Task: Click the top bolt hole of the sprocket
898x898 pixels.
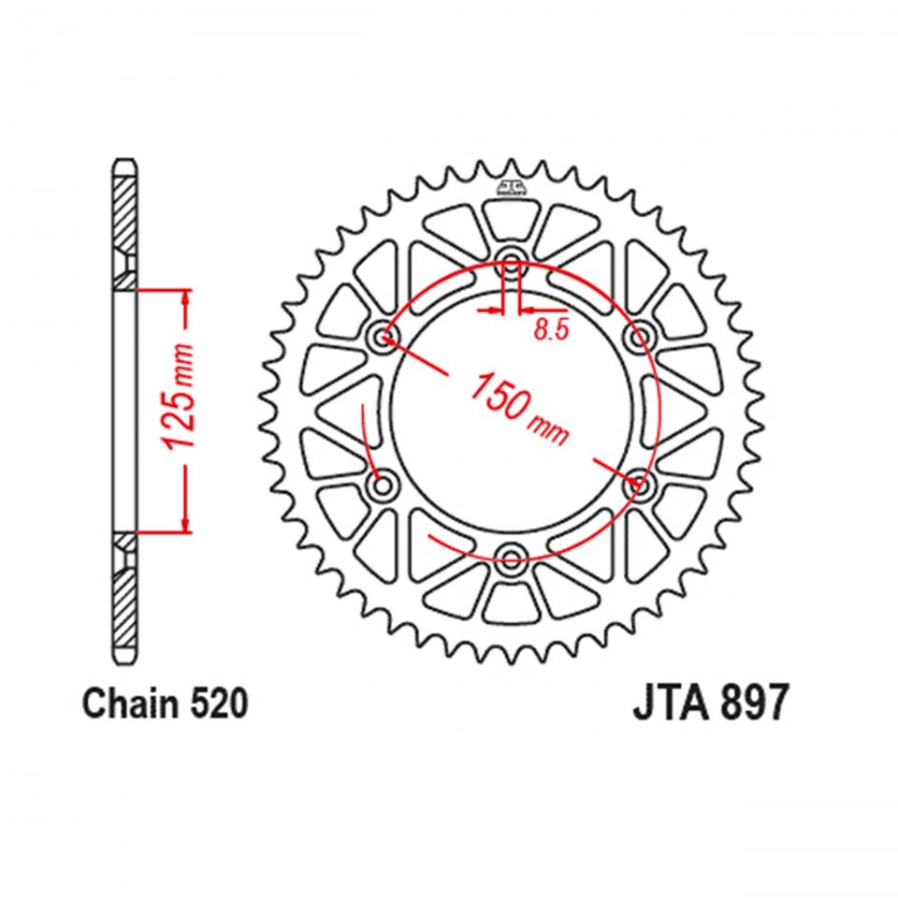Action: click(511, 261)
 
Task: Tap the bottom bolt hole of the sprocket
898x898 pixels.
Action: click(511, 560)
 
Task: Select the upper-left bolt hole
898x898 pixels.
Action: click(382, 336)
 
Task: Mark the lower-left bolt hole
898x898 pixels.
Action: click(382, 485)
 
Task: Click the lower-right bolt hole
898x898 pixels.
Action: click(641, 485)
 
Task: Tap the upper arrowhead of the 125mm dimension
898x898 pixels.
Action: click(185, 296)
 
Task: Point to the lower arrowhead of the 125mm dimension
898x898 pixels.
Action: click(185, 524)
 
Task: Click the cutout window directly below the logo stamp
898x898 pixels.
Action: click(511, 221)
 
